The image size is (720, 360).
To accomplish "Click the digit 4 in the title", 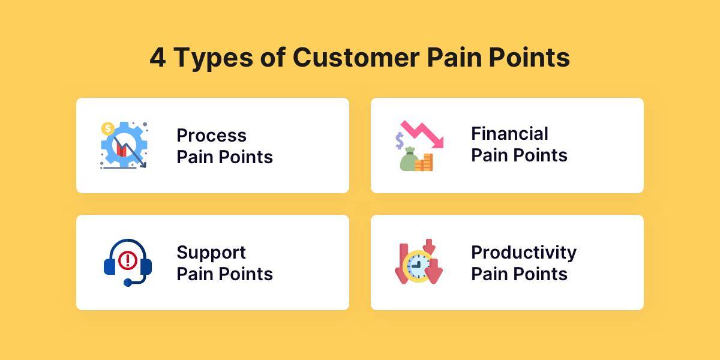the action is click(x=158, y=57).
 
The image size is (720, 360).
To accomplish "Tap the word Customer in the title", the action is click(x=356, y=57).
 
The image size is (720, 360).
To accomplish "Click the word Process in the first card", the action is click(x=211, y=136).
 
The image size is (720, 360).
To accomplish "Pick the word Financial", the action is click(x=509, y=133).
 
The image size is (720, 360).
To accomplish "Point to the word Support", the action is click(x=211, y=253).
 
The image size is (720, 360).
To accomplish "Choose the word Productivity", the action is click(x=524, y=253).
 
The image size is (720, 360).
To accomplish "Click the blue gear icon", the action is click(x=124, y=145).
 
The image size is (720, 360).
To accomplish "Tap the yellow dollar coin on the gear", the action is click(x=107, y=128).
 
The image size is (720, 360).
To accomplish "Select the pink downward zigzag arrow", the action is click(x=422, y=134).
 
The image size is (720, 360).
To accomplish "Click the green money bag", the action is click(x=409, y=159).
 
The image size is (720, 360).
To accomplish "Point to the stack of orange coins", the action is click(x=424, y=163).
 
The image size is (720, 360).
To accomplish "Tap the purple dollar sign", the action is click(x=400, y=141).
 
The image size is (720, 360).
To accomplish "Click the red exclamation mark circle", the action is click(x=128, y=260).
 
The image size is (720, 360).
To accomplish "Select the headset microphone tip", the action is click(x=128, y=283).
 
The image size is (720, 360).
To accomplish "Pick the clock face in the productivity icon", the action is click(x=418, y=266).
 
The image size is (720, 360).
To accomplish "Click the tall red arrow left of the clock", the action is click(x=402, y=263).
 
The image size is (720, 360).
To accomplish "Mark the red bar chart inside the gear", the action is click(x=121, y=149).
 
